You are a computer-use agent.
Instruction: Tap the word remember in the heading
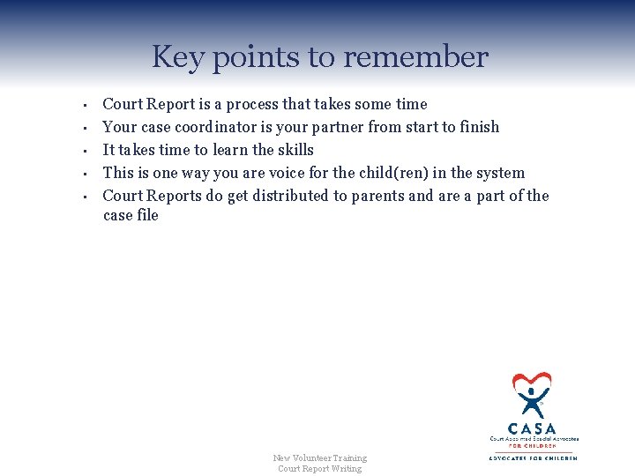click(x=415, y=57)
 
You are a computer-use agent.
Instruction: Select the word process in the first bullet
click(x=265, y=105)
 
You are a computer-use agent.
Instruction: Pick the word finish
click(x=477, y=127)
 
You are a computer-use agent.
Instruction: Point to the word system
click(x=501, y=173)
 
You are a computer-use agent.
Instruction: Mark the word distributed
click(x=288, y=196)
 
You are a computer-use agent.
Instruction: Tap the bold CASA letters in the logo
click(x=533, y=428)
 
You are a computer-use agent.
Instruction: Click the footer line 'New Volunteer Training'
click(x=319, y=457)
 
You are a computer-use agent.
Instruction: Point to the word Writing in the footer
click(x=346, y=468)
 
